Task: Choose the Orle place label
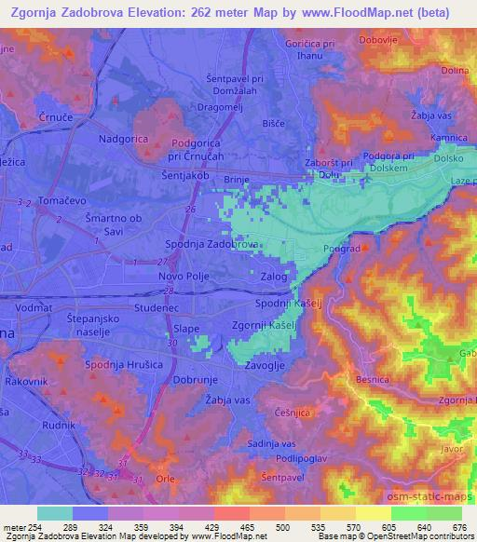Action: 165,479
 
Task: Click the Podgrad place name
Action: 342,249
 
